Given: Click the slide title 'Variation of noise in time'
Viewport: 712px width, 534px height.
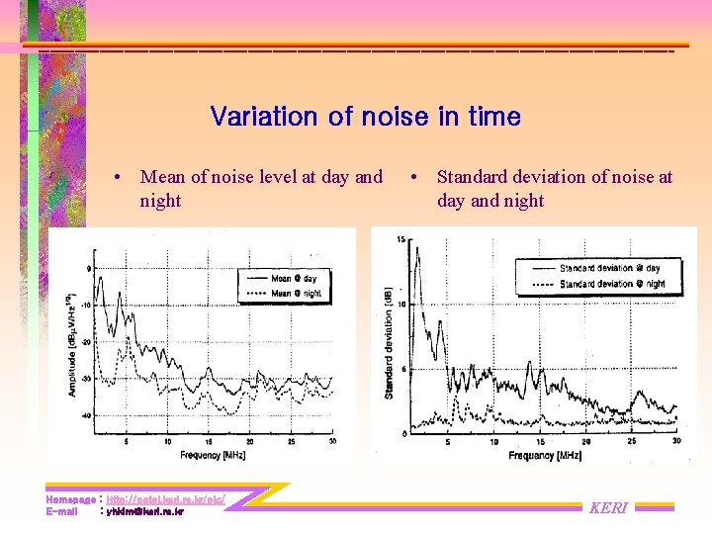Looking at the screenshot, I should click(x=365, y=117).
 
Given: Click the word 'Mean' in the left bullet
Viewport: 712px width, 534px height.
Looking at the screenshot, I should click(x=163, y=177).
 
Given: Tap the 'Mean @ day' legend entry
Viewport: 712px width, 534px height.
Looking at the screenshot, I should click(x=294, y=279).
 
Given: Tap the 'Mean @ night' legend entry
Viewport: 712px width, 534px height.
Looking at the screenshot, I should click(x=296, y=293).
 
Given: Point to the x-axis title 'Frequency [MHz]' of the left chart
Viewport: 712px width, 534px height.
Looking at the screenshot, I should click(x=214, y=456).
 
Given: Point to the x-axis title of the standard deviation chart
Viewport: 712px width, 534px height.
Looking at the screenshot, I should click(x=545, y=456).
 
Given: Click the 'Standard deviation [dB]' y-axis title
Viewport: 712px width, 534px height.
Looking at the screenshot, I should click(x=389, y=346).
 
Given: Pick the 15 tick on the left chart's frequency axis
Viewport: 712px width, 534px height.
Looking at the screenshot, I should click(x=208, y=442).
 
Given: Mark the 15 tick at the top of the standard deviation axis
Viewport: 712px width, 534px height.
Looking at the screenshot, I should click(x=400, y=239).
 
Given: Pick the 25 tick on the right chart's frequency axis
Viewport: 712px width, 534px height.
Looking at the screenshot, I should click(x=631, y=442).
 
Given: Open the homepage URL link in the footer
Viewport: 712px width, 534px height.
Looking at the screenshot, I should click(x=165, y=499).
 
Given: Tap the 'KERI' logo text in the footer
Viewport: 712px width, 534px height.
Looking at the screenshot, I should click(x=608, y=507).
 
